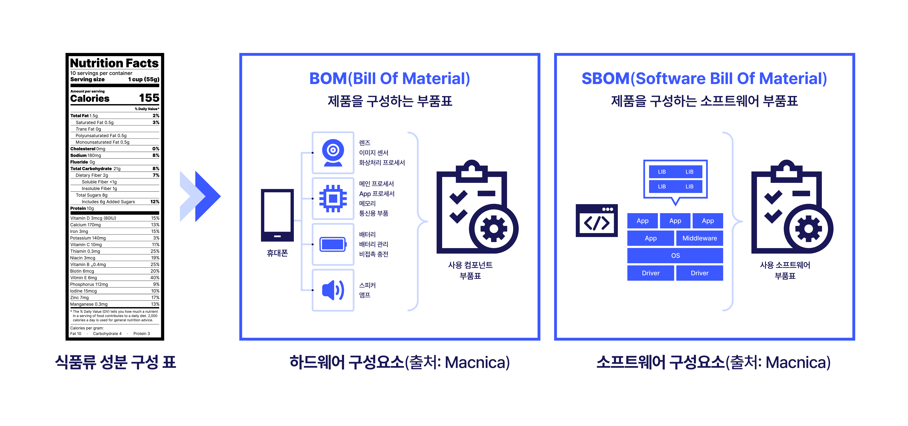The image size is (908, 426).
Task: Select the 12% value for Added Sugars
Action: (x=155, y=202)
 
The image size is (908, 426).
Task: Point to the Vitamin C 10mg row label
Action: (x=86, y=244)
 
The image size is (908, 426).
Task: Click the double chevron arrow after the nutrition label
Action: (x=200, y=196)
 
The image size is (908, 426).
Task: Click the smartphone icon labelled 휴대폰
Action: (x=277, y=215)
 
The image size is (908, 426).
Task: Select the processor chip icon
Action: (x=333, y=199)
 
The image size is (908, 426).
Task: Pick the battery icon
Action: (x=333, y=244)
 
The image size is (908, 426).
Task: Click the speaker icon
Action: (x=333, y=290)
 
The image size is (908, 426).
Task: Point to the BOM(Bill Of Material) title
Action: (x=389, y=78)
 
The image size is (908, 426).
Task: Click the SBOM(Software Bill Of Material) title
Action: (x=704, y=78)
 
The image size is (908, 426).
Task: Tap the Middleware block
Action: (x=699, y=238)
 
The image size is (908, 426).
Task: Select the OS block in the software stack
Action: (x=675, y=255)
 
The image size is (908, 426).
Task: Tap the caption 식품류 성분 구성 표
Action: (x=115, y=362)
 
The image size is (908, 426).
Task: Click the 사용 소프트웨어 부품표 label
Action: (x=785, y=270)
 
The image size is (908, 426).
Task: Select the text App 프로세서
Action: (x=376, y=194)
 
